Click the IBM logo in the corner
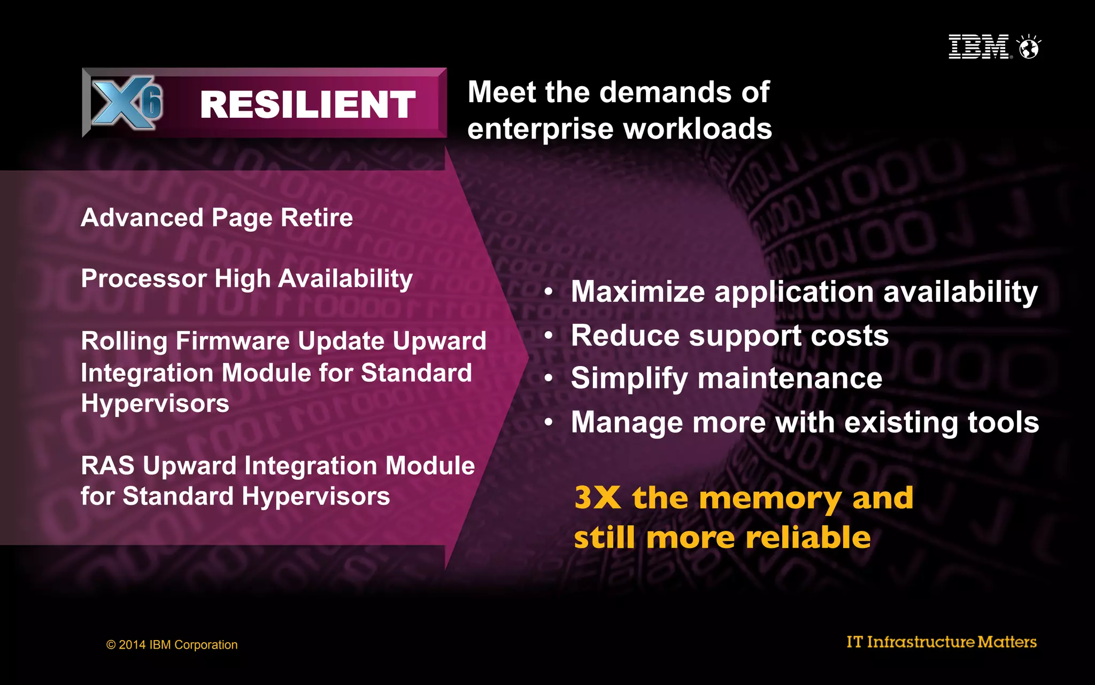(x=979, y=47)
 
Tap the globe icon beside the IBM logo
(x=1029, y=47)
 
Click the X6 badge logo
(x=127, y=102)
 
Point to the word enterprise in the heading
(x=541, y=130)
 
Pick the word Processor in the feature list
(x=144, y=279)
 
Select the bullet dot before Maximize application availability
(x=549, y=292)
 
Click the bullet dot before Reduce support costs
(x=549, y=336)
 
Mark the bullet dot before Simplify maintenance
(x=549, y=378)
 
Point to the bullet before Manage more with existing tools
(x=549, y=422)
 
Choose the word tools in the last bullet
(x=1003, y=422)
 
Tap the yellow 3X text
(x=597, y=498)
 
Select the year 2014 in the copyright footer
(x=132, y=645)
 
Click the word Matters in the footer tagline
(x=1007, y=642)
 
